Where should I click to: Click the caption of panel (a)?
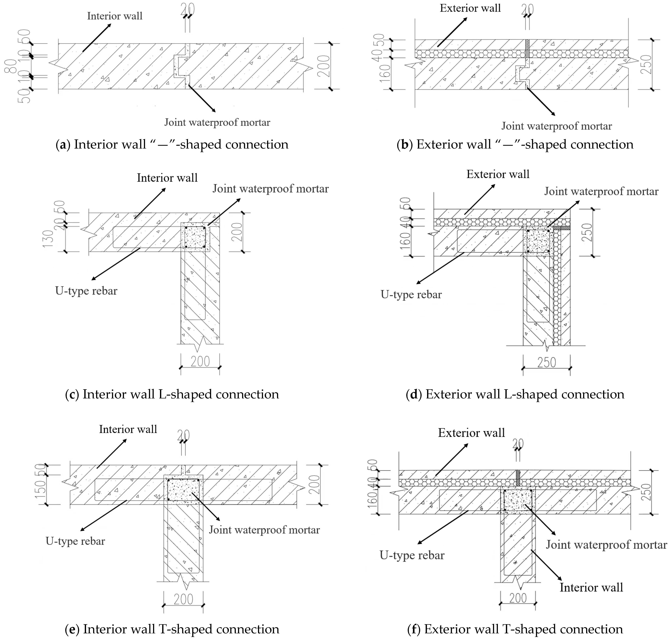[172, 144]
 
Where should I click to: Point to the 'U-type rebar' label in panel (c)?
[86, 291]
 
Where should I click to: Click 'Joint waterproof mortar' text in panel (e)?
[264, 530]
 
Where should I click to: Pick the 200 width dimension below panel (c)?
[200, 361]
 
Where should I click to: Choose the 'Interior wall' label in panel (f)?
[591, 588]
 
